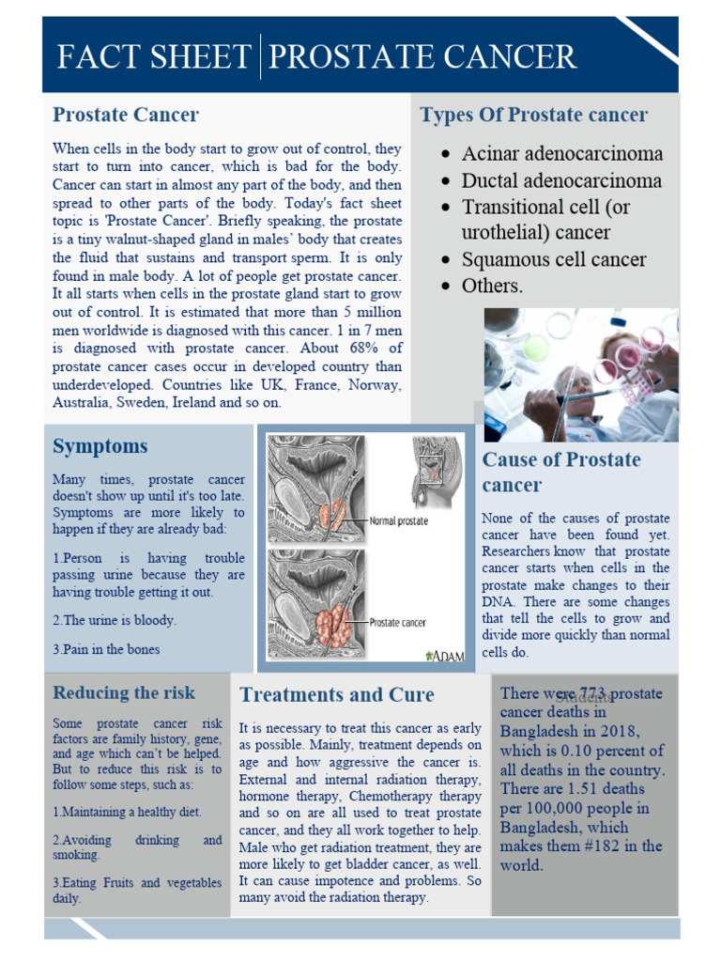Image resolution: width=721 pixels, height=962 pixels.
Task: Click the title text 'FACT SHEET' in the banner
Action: click(x=153, y=57)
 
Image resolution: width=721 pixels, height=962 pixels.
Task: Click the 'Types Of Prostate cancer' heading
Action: click(x=533, y=116)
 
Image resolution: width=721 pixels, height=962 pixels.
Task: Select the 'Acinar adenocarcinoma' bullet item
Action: click(x=561, y=154)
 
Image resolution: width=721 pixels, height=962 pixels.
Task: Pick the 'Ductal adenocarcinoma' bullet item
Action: click(x=561, y=180)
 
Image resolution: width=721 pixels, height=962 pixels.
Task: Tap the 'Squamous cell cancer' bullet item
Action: click(x=554, y=259)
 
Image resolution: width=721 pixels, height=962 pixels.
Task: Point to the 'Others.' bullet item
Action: click(x=492, y=286)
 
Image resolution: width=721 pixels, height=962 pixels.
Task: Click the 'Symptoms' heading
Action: click(x=100, y=446)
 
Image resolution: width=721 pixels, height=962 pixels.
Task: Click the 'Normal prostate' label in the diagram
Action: click(x=398, y=520)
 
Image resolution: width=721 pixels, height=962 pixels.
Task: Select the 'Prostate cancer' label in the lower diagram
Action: click(x=398, y=622)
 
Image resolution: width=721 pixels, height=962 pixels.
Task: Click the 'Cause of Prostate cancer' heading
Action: click(x=560, y=472)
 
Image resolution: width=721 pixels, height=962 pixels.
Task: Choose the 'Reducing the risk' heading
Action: click(x=124, y=693)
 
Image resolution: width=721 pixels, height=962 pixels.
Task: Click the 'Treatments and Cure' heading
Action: click(x=336, y=695)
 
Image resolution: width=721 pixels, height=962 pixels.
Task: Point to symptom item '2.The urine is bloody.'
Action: click(x=115, y=621)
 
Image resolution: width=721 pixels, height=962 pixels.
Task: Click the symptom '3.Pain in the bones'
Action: click(x=106, y=649)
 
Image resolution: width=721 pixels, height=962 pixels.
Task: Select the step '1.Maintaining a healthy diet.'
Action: click(x=127, y=812)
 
